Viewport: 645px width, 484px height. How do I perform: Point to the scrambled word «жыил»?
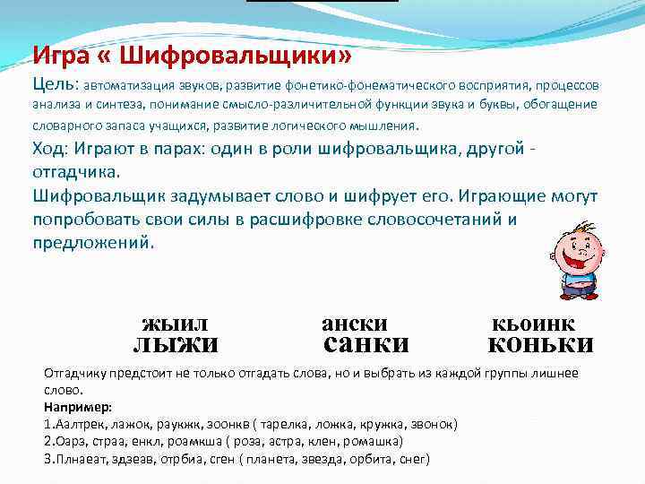pyautogui.click(x=175, y=323)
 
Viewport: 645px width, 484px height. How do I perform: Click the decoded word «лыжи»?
pyautogui.click(x=176, y=344)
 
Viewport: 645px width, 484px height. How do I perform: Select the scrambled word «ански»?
pyautogui.click(x=355, y=323)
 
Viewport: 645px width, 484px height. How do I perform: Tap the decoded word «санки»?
pyautogui.click(x=365, y=344)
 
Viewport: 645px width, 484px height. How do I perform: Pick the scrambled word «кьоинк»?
pyautogui.click(x=534, y=324)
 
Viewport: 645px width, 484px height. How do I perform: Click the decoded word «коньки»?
pyautogui.click(x=540, y=344)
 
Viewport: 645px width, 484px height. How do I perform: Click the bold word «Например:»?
pyautogui.click(x=78, y=406)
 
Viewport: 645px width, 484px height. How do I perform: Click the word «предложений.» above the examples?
pyautogui.click(x=93, y=242)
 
